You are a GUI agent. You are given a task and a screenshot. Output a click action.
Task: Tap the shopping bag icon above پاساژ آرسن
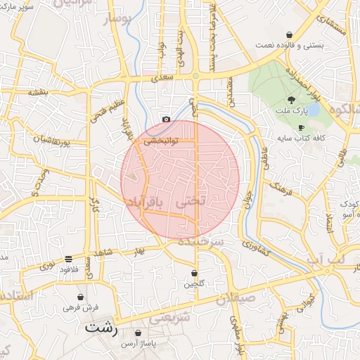pos(138,332)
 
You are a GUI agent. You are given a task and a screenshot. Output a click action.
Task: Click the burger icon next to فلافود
pos(68,259)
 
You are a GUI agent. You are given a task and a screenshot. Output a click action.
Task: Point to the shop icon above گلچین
pos(195,273)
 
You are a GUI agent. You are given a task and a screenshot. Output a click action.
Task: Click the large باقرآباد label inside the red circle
pos(144,202)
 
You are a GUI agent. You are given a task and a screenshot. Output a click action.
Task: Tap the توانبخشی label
pos(161,141)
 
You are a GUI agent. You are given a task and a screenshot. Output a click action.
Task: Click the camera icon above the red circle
pos(165,120)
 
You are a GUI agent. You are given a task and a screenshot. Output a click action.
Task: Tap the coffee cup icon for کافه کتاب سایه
pos(302,127)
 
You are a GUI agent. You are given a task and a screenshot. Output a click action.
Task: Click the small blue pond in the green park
pos(314,110)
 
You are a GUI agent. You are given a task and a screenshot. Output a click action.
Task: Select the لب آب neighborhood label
pos(327,259)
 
